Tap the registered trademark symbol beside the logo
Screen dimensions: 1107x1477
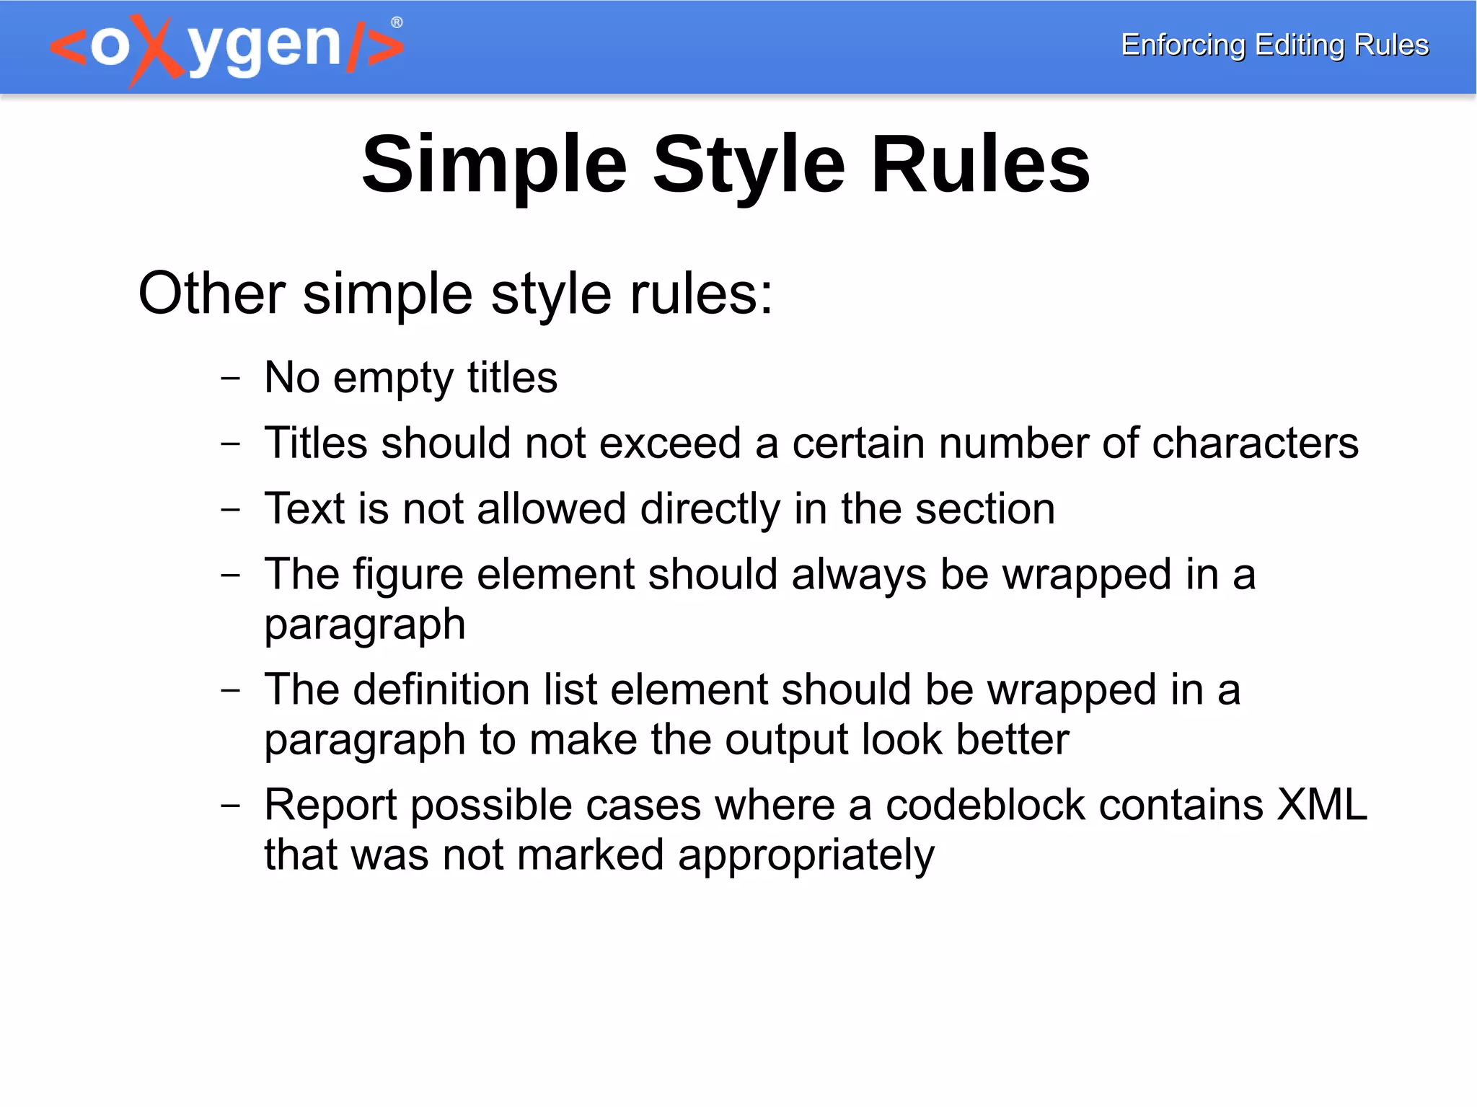tap(397, 23)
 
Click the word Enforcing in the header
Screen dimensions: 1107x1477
tap(1183, 45)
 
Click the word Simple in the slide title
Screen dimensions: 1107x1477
tap(495, 166)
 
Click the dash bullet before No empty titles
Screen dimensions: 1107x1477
tap(230, 377)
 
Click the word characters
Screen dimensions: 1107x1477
tap(1255, 443)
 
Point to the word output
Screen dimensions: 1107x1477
tap(787, 740)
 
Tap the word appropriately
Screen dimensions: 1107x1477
tap(806, 857)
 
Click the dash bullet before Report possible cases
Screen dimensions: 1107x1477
tap(230, 805)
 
